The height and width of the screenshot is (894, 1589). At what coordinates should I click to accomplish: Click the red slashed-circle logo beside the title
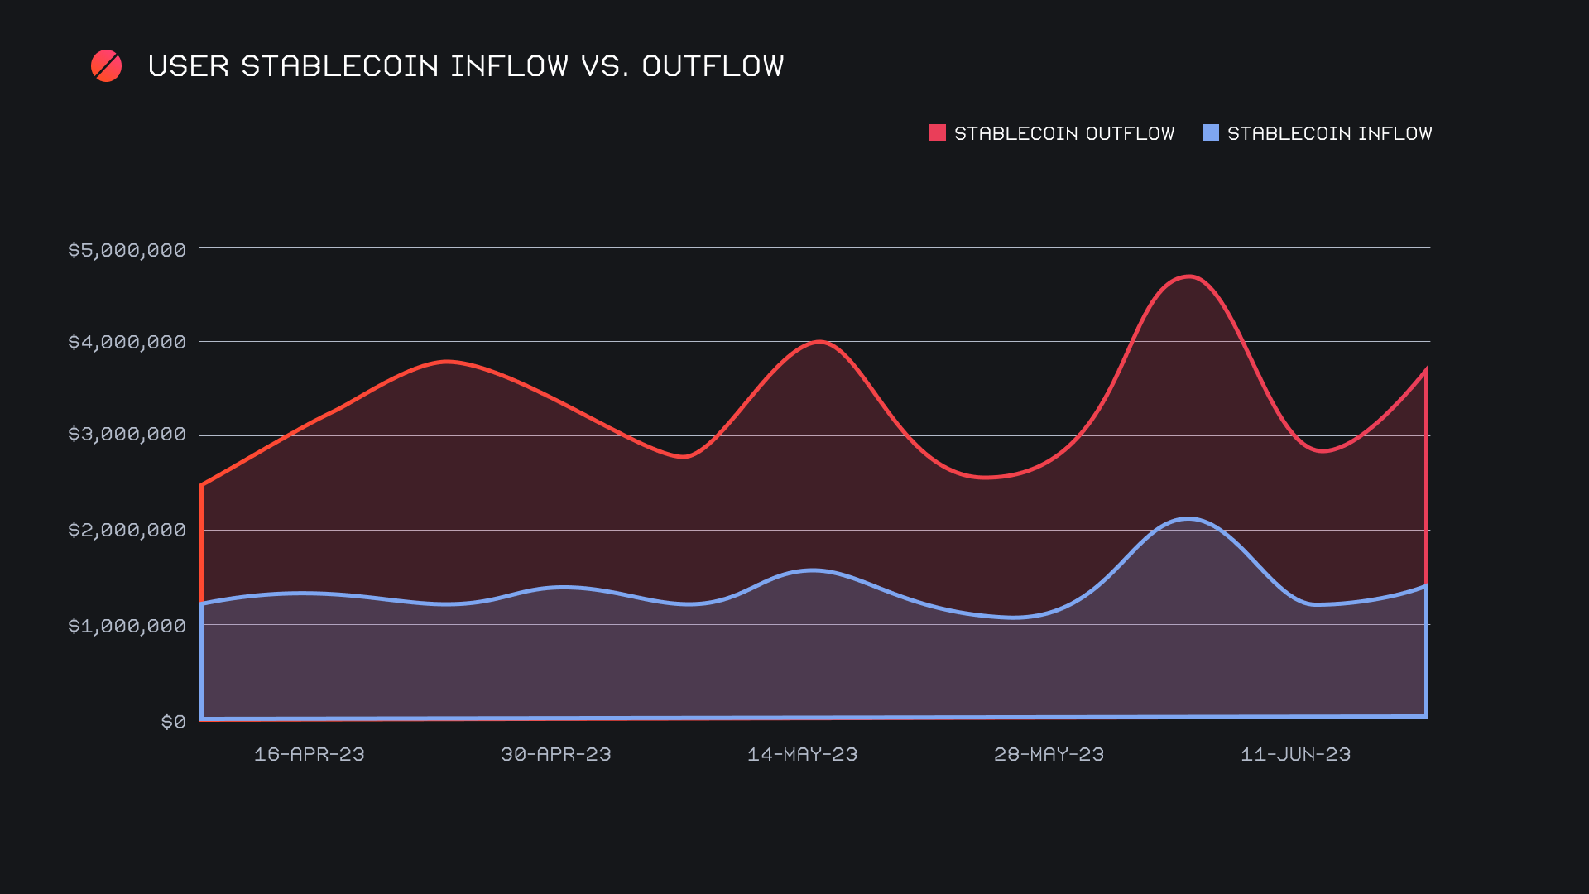(106, 66)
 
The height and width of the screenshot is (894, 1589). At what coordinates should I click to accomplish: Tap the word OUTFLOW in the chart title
(713, 66)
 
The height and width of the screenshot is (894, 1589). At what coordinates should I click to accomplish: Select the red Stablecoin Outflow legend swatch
(937, 132)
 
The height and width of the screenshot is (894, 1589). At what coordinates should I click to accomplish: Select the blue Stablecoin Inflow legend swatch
(1210, 132)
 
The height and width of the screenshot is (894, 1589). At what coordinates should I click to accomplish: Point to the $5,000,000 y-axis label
(127, 250)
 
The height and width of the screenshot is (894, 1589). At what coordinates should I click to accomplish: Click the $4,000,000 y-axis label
(127, 342)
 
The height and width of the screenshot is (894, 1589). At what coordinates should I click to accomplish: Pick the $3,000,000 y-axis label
(127, 435)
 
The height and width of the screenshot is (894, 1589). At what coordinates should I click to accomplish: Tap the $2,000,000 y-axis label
(127, 530)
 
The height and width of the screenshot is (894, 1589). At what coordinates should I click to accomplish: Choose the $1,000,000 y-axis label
(127, 626)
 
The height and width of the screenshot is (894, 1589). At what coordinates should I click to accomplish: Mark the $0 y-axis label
(173, 722)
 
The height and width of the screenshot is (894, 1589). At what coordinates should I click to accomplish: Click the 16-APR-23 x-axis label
(309, 754)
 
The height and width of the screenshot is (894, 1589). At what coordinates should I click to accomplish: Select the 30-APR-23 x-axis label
(555, 754)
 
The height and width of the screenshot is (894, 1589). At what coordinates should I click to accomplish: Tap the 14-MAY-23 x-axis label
(802, 754)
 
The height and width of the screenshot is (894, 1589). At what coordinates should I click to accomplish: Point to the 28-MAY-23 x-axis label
(1049, 754)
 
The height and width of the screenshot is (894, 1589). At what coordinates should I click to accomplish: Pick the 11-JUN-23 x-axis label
(1295, 754)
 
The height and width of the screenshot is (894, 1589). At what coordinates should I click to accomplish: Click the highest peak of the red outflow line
(1189, 276)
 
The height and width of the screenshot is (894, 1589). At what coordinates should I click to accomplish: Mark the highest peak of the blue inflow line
(1188, 519)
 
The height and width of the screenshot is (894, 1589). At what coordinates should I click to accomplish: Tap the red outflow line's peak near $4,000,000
(819, 341)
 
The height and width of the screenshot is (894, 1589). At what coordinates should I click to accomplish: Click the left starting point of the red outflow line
(202, 485)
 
